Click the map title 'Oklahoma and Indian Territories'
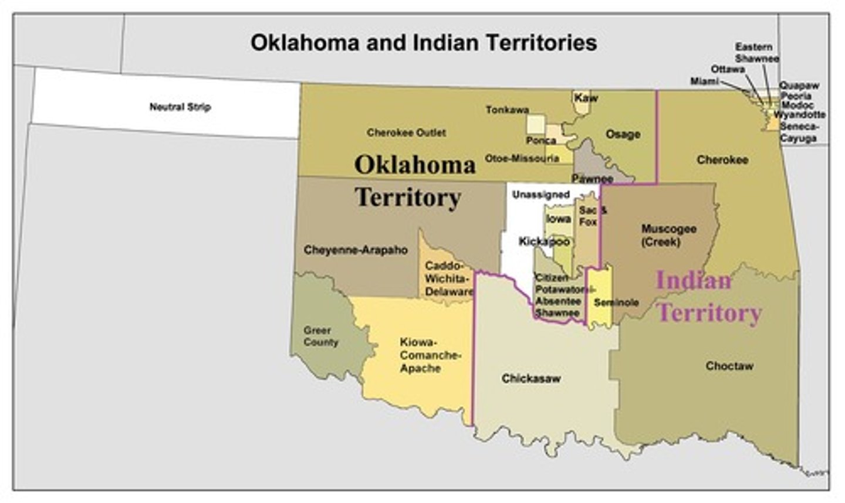click(423, 43)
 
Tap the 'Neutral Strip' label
click(180, 107)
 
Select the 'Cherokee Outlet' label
click(406, 132)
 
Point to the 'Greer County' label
click(320, 336)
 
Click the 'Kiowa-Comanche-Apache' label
click(430, 355)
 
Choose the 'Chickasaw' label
click(530, 379)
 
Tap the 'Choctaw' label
click(729, 366)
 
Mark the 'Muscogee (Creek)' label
click(668, 234)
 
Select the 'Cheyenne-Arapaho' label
click(356, 250)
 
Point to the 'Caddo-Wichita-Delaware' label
click(449, 278)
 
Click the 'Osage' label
click(623, 134)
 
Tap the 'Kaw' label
click(586, 98)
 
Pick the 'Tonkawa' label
click(507, 110)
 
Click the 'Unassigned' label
click(540, 194)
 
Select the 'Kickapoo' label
click(544, 242)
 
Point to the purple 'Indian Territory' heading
click(708, 297)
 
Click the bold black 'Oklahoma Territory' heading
click(414, 181)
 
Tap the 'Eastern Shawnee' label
click(756, 53)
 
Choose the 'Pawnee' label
click(592, 178)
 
